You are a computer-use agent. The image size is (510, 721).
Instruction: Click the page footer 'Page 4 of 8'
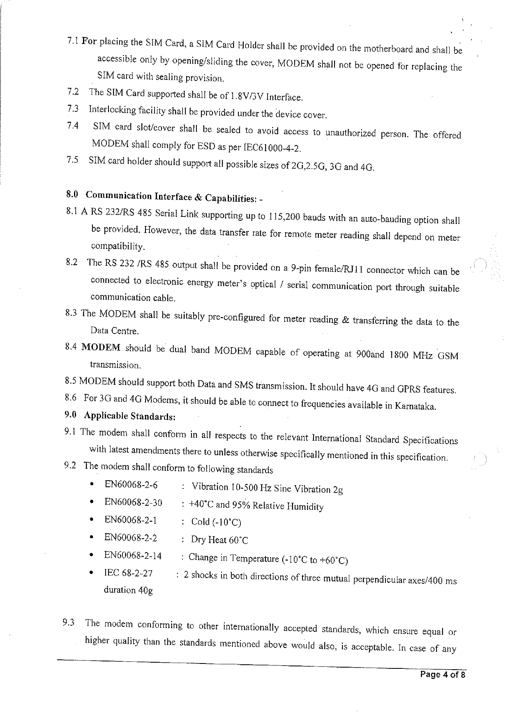[x=442, y=675]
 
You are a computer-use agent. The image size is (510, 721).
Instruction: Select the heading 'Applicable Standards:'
[x=130, y=416]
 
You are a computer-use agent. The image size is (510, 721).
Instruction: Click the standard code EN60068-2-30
[x=133, y=502]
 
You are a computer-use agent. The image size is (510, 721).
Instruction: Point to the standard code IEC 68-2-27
[x=128, y=573]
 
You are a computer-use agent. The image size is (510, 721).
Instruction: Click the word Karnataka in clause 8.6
[x=415, y=406]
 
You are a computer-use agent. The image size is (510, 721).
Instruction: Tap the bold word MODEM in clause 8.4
[x=101, y=348]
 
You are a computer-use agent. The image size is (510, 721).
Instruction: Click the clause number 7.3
[x=73, y=109]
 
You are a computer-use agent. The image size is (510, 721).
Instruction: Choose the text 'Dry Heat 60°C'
[x=219, y=540]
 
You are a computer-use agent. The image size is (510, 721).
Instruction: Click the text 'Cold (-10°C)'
[x=216, y=522]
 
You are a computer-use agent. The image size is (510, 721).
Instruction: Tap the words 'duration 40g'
[x=128, y=590]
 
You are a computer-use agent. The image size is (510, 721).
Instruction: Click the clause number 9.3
[x=68, y=622]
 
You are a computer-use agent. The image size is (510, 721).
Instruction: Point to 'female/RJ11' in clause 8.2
[x=338, y=270]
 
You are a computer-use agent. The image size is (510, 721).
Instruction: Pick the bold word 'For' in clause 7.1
[x=89, y=41]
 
